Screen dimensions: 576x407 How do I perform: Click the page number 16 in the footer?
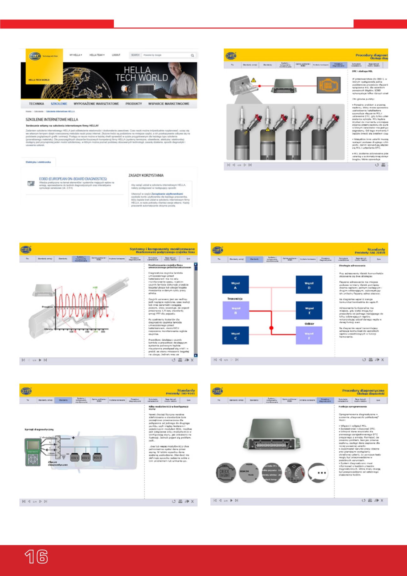(36, 557)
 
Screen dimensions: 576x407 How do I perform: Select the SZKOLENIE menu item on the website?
(59, 104)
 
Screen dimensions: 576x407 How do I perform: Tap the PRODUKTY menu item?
(134, 104)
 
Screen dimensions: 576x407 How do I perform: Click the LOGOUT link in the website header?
(116, 55)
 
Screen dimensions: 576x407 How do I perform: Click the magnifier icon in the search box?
(192, 55)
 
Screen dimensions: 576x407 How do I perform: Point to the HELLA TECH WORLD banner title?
(142, 74)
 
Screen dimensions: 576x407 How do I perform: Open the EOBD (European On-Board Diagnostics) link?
(73, 179)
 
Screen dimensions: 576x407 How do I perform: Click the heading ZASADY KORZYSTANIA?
(146, 175)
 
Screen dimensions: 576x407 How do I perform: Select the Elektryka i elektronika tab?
(38, 162)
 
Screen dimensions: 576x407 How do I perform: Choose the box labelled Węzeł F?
(309, 335)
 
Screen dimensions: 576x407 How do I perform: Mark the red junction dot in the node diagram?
(271, 328)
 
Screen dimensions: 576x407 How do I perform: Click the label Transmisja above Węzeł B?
(235, 299)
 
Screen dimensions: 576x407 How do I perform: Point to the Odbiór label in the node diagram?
(309, 324)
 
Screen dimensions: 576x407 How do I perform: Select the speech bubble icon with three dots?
(318, 473)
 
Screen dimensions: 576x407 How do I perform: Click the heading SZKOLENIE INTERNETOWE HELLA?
(52, 119)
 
